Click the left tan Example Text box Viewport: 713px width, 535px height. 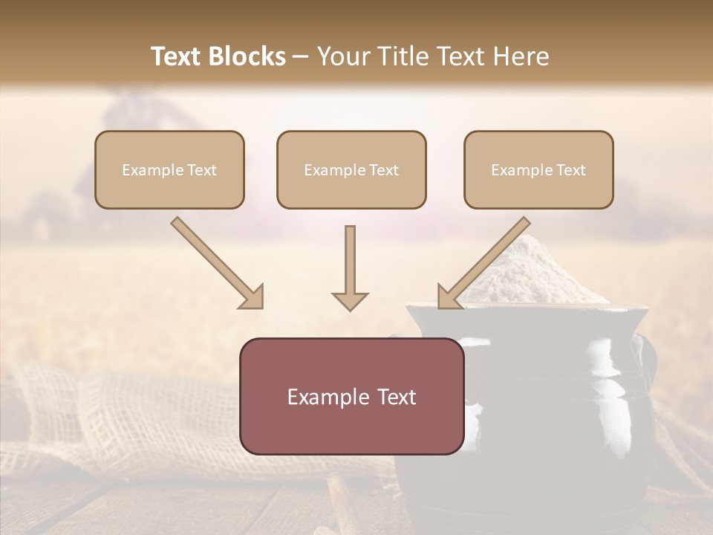tap(169, 169)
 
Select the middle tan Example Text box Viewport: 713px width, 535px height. tap(351, 169)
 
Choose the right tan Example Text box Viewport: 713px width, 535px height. tap(538, 169)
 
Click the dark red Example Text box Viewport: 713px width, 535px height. tap(351, 396)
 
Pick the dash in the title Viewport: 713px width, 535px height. tap(302, 56)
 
